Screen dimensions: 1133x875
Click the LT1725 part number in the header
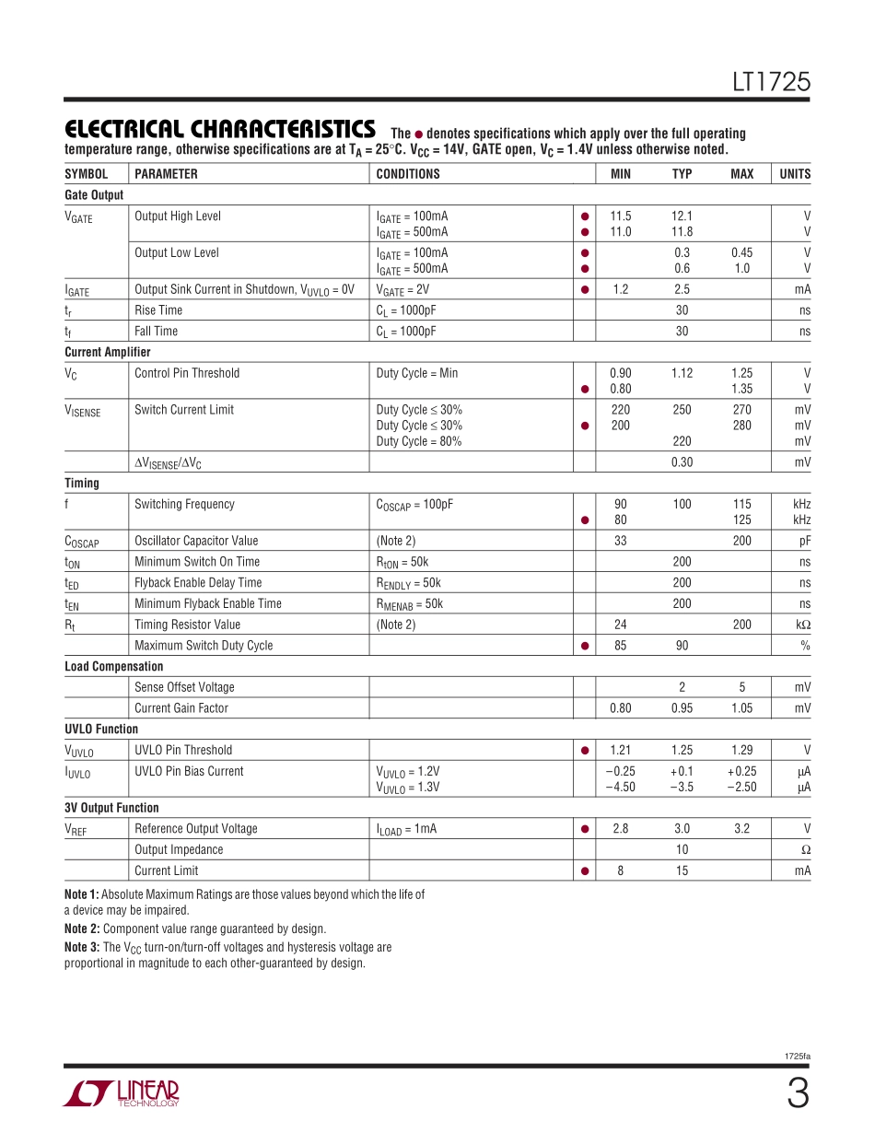(x=771, y=83)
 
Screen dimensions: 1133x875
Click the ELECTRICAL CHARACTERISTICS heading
(x=219, y=129)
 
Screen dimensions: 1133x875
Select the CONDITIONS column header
(x=408, y=174)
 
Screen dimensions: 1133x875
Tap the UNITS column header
(x=795, y=174)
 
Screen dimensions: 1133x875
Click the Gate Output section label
(x=94, y=195)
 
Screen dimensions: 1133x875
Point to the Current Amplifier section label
(x=108, y=352)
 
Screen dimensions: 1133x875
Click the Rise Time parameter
(x=158, y=310)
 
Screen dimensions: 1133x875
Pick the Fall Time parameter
(x=157, y=332)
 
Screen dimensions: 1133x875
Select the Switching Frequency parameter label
(x=184, y=504)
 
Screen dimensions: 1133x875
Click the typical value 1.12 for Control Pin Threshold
(x=682, y=373)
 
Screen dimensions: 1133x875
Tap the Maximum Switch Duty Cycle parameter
(x=204, y=646)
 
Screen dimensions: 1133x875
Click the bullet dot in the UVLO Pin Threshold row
(x=584, y=751)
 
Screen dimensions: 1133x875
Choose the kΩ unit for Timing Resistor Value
(x=802, y=625)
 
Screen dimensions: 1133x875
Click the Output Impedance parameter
(x=179, y=850)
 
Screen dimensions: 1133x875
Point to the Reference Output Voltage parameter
(x=196, y=829)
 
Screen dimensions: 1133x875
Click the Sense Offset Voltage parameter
(x=184, y=687)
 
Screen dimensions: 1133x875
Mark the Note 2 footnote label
(x=82, y=929)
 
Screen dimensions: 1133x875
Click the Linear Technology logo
(x=121, y=1093)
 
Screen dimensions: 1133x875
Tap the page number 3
(x=798, y=1094)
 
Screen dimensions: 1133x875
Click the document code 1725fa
(x=798, y=1057)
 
